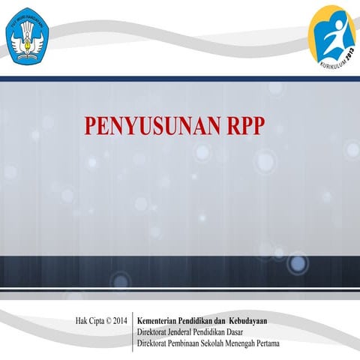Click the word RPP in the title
(x=244, y=126)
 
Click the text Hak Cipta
(x=91, y=322)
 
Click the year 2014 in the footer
(x=123, y=322)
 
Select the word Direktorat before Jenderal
(x=154, y=333)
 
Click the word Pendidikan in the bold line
(x=205, y=322)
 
